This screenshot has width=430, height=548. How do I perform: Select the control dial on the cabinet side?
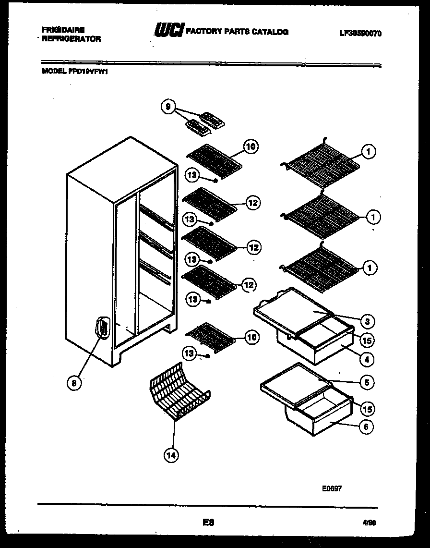[x=102, y=328]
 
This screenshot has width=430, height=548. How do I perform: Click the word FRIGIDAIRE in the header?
[x=63, y=30]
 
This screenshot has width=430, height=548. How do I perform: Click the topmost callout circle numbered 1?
[x=369, y=152]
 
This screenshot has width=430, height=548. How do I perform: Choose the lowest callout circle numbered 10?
[x=251, y=338]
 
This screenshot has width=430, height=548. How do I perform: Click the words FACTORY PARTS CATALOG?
[x=237, y=32]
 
